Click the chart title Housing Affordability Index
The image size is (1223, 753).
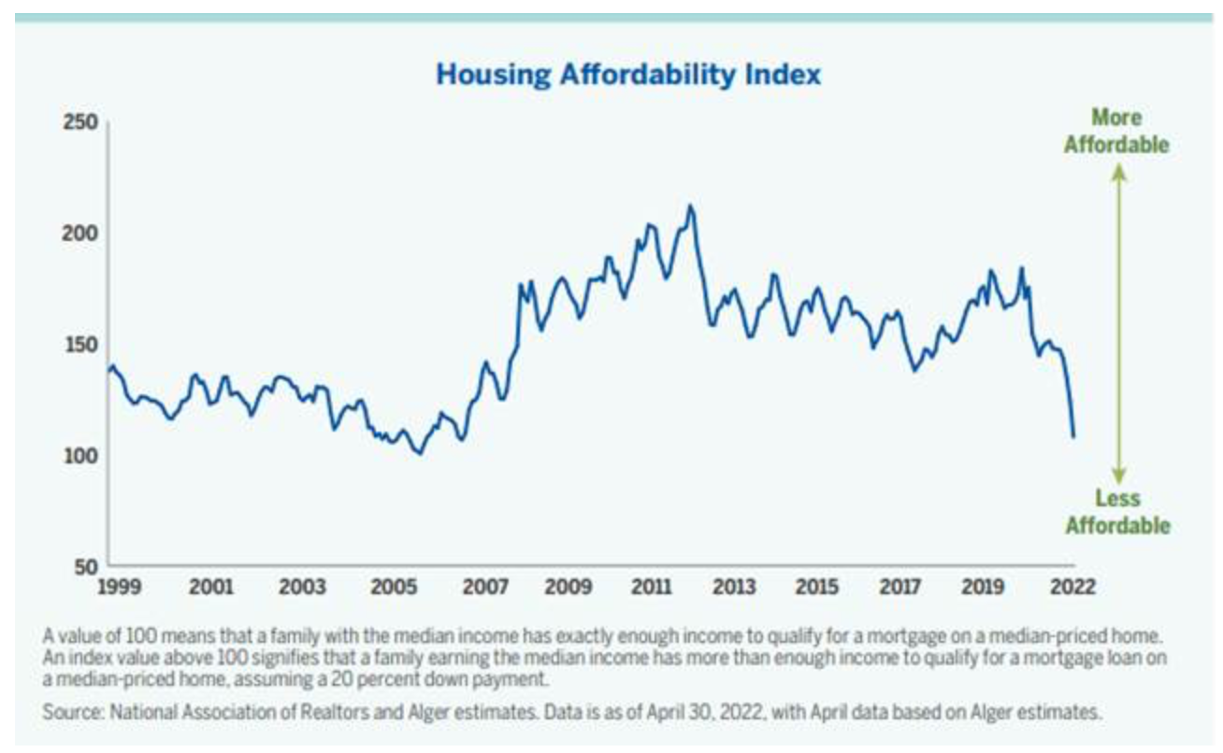(628, 75)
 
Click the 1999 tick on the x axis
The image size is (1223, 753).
(119, 588)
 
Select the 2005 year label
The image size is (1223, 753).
(395, 588)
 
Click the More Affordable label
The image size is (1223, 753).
(1116, 132)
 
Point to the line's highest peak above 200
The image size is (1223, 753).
(690, 206)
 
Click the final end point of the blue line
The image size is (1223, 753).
(1073, 436)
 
